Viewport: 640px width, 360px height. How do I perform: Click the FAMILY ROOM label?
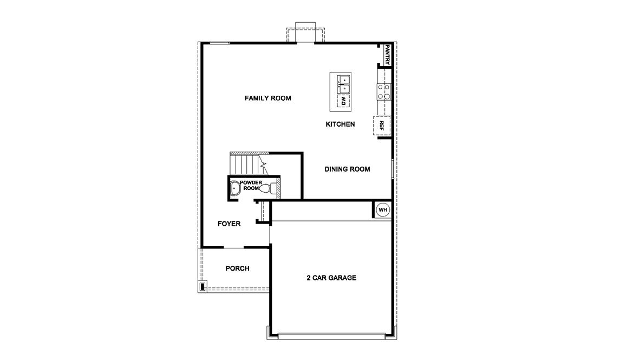[268, 98]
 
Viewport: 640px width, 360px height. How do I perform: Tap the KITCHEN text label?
[340, 125]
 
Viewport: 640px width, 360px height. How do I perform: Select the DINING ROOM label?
[347, 169]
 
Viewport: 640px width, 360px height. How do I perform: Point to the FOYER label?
[229, 224]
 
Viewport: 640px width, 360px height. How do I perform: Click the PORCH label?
[237, 269]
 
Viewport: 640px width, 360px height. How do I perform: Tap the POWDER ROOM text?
[251, 186]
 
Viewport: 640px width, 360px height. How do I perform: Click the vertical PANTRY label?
[387, 55]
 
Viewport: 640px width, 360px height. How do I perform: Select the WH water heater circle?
[383, 210]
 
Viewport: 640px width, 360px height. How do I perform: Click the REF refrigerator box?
[382, 126]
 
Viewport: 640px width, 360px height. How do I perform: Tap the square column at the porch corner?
[203, 286]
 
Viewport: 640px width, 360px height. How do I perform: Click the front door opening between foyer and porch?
[233, 247]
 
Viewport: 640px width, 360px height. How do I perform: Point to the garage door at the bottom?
[331, 336]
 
